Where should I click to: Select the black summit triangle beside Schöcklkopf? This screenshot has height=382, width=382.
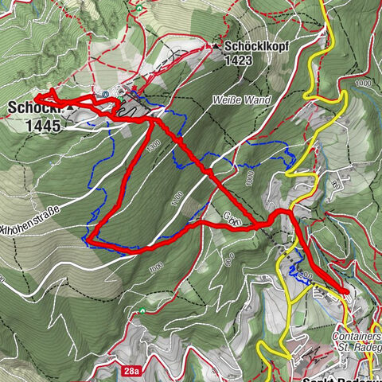tap(216, 47)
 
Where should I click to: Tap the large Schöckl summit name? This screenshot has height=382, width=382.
tap(32, 107)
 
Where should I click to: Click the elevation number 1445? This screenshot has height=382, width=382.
tap(37, 125)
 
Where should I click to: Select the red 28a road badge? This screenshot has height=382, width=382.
tap(131, 371)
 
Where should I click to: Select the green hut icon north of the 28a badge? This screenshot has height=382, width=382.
tap(141, 310)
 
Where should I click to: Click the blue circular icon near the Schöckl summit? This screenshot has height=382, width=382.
tap(105, 94)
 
